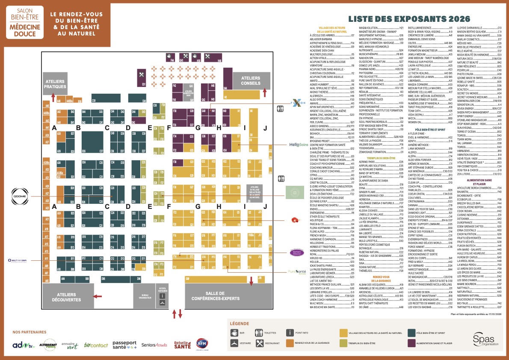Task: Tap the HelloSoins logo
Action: (x=298, y=145)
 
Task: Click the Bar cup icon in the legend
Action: (x=235, y=333)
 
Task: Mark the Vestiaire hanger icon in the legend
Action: (x=235, y=343)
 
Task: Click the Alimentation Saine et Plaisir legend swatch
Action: (x=412, y=343)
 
